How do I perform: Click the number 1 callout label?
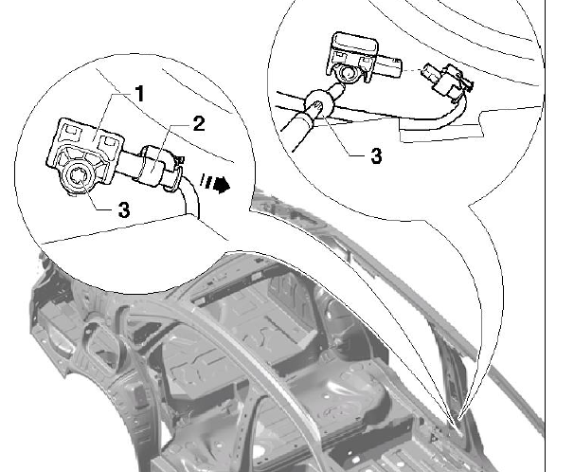pyautogui.click(x=140, y=94)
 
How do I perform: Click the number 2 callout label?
pyautogui.click(x=199, y=124)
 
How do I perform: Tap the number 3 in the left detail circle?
pyautogui.click(x=124, y=210)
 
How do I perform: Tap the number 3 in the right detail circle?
pyautogui.click(x=376, y=155)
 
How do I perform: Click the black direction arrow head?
pyautogui.click(x=222, y=184)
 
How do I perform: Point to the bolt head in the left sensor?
pyautogui.click(x=78, y=175)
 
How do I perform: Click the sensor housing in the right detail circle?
pyautogui.click(x=363, y=59)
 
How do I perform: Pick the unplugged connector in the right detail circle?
pyautogui.click(x=447, y=81)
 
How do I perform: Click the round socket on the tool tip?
pyautogui.click(x=317, y=103)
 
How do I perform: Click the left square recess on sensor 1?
pyautogui.click(x=71, y=132)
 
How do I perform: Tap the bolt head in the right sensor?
pyautogui.click(x=346, y=74)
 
